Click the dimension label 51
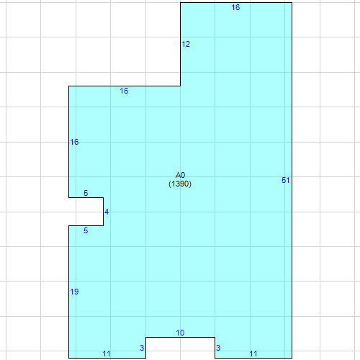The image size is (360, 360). pos(285,180)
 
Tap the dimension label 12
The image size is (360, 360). pos(186,44)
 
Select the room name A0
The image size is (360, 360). pos(180,175)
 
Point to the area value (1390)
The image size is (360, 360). pos(180,184)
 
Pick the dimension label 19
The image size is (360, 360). pos(74,292)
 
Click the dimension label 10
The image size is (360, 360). pos(180,333)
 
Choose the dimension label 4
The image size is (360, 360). pos(107,212)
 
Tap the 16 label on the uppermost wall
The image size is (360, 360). pos(235,7)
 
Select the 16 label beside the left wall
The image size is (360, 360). pos(74,142)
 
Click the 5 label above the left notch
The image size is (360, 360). pos(86,193)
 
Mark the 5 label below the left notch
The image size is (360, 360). pos(86,230)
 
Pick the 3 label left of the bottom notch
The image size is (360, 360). pos(142,348)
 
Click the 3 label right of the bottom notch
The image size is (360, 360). pos(218,348)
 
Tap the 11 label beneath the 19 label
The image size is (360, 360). pos(107,354)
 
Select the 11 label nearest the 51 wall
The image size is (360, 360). pos(253,354)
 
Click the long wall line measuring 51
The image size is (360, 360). pos(292,180)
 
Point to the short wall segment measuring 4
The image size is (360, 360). pos(104,212)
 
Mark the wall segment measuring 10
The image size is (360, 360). pos(180,337)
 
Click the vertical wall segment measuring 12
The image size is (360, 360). pos(181,44)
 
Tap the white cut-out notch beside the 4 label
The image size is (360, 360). pos(86,212)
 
